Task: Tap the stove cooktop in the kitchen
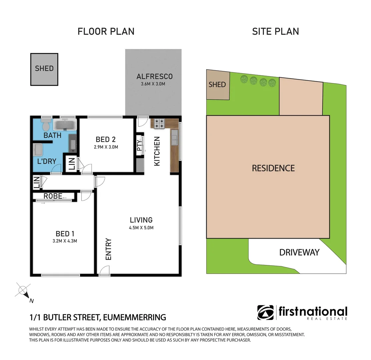point(159,124)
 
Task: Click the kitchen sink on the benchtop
point(174,138)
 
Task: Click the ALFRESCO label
point(154,76)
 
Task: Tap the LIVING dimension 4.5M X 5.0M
point(141,228)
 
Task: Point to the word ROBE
point(53,196)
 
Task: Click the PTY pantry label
point(139,145)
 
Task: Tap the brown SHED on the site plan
point(218,85)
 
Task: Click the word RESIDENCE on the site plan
point(273,168)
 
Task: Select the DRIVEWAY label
point(299,252)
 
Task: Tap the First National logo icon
point(265,313)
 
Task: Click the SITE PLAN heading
point(276,31)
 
